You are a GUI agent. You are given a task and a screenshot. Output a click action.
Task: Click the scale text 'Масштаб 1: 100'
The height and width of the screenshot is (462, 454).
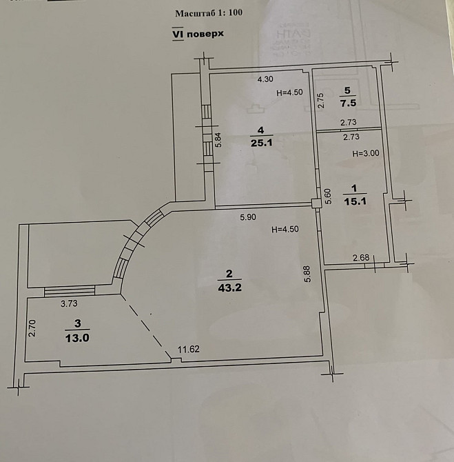[208, 12]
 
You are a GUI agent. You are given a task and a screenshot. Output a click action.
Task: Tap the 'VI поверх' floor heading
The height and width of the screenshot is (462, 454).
[198, 33]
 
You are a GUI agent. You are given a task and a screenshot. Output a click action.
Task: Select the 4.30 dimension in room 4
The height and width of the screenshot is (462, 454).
[265, 80]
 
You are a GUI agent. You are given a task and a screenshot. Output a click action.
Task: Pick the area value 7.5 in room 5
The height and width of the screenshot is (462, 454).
[348, 104]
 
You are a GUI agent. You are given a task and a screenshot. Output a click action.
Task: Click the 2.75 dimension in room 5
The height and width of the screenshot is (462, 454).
[320, 101]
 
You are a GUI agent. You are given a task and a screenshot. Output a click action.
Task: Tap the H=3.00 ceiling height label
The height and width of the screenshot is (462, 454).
[365, 154]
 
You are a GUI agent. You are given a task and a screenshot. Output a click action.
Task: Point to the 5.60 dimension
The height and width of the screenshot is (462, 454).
[329, 197]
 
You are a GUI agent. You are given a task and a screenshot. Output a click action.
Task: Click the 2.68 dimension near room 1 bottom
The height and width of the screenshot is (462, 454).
[362, 259]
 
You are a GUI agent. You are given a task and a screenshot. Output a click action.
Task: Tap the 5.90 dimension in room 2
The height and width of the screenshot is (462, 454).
[248, 217]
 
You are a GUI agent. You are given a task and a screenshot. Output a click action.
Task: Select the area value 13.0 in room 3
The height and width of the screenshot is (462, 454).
[79, 338]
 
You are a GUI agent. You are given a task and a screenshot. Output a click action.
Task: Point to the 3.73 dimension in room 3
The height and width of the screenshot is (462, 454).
[68, 303]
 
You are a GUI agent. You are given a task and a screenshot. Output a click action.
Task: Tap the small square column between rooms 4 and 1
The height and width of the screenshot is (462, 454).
[316, 203]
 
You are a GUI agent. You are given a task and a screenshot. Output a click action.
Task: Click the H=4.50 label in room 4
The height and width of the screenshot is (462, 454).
[289, 93]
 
